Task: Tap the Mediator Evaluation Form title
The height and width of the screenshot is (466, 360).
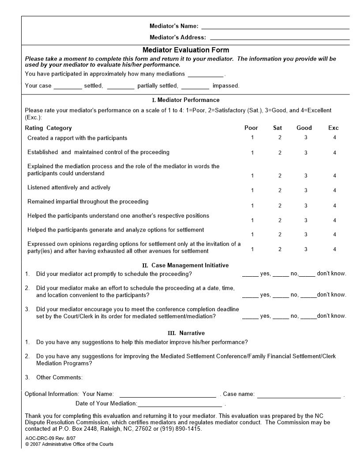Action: [186, 50]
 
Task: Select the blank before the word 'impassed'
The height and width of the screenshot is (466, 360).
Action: [195, 87]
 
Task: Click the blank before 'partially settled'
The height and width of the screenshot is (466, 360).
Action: [120, 87]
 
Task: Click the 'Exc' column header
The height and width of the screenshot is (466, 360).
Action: [334, 128]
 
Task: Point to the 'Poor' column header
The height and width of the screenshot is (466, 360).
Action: [251, 128]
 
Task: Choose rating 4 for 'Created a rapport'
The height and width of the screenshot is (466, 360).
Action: [334, 138]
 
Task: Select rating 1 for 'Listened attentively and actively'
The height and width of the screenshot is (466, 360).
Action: [252, 190]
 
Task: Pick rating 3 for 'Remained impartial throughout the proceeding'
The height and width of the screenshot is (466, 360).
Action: [306, 205]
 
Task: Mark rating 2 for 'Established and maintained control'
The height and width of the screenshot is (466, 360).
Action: [280, 153]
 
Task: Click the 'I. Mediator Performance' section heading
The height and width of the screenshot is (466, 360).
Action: [185, 100]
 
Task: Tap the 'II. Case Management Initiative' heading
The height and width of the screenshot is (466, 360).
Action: [185, 265]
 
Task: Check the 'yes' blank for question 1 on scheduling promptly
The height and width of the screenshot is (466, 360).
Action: [250, 274]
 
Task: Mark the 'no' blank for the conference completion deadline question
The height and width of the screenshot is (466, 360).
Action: [281, 317]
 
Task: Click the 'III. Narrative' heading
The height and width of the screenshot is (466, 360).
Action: [185, 333]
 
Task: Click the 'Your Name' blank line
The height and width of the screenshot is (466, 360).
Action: [168, 395]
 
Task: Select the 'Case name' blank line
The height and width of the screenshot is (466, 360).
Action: [299, 395]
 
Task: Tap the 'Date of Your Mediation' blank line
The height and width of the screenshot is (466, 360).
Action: [180, 405]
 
